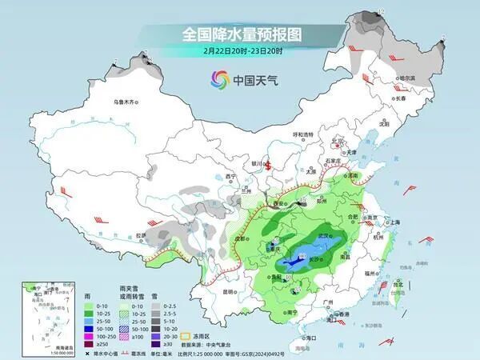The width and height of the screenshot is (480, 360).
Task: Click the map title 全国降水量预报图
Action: tap(240, 34)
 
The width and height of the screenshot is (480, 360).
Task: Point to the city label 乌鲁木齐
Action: tap(126, 102)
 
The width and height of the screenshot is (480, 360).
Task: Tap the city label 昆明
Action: tap(230, 291)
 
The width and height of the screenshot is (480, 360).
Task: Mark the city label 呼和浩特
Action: tap(303, 134)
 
